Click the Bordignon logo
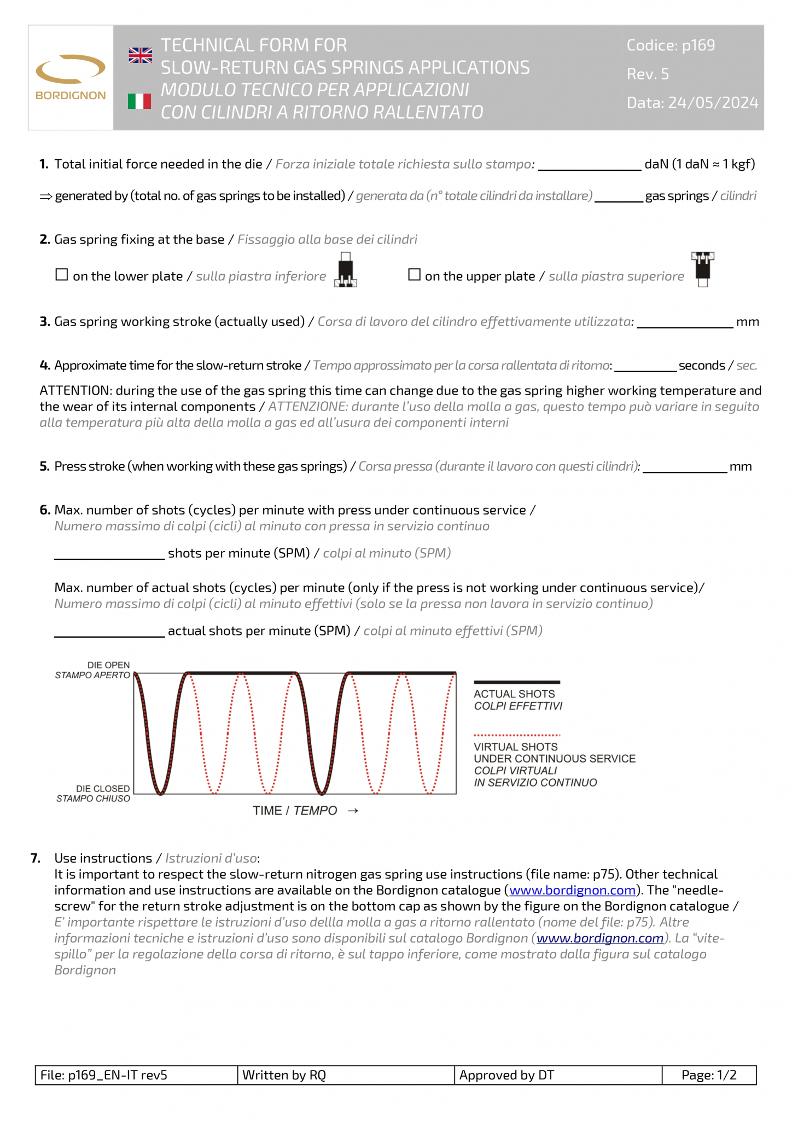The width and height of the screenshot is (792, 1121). (71, 77)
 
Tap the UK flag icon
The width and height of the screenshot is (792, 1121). (140, 55)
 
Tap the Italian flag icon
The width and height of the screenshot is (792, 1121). (139, 101)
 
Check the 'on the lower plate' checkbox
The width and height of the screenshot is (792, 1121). (62, 275)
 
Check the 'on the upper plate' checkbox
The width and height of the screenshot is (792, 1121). (415, 275)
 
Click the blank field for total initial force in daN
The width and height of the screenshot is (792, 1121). (589, 165)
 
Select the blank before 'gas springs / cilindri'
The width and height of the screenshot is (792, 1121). (619, 197)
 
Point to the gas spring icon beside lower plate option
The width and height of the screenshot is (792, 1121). (346, 270)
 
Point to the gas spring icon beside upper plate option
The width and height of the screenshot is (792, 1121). (703, 269)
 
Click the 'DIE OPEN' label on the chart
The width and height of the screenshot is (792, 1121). (108, 665)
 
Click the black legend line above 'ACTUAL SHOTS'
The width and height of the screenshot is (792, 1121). (516, 683)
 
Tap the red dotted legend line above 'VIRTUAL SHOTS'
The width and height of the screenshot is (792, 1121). (516, 735)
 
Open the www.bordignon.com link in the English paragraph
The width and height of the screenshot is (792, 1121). (572, 891)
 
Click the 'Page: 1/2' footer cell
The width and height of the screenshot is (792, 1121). (708, 1075)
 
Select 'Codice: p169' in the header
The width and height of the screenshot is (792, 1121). (671, 45)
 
